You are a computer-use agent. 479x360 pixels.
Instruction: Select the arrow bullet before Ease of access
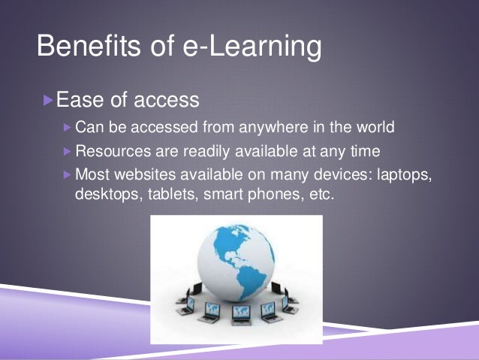click(49, 98)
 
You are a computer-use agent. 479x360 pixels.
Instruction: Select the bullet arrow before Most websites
click(68, 174)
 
